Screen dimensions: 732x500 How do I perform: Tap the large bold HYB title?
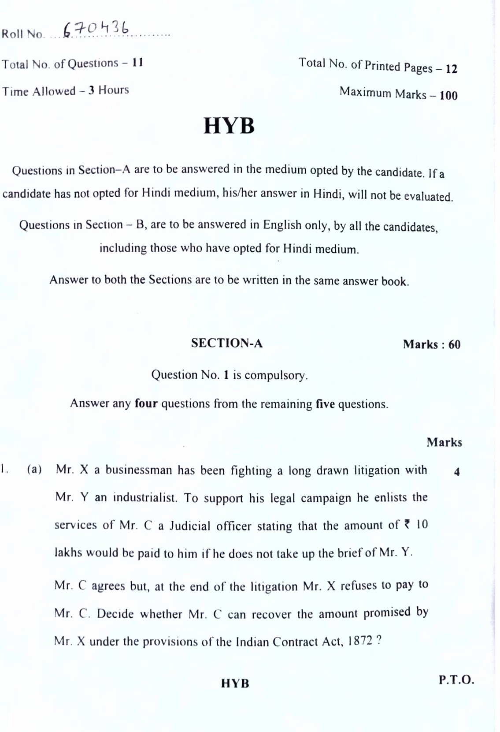click(229, 126)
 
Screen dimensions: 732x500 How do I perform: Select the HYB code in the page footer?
click(235, 683)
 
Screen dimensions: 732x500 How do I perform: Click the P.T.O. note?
click(456, 680)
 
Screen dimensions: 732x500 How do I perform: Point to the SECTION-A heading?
click(227, 343)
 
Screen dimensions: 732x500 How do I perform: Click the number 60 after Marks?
click(454, 344)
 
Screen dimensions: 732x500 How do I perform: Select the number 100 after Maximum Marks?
click(448, 96)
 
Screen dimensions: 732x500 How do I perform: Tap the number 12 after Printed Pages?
click(451, 69)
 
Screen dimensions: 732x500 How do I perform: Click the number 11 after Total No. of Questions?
click(137, 63)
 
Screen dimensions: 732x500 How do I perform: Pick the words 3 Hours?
click(109, 90)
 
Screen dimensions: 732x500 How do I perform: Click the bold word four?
click(146, 403)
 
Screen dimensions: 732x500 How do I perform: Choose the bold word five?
click(325, 404)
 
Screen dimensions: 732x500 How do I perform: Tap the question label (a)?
click(34, 469)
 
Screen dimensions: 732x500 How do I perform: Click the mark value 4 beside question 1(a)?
click(457, 472)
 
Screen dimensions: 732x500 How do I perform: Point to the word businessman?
click(139, 470)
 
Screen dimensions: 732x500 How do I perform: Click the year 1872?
click(360, 641)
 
